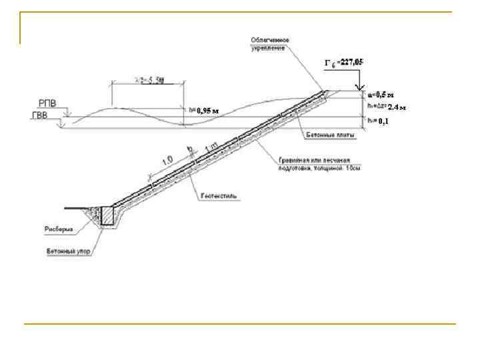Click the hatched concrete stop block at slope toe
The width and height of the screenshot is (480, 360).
(107, 215)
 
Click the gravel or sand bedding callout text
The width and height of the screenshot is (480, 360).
(319, 165)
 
